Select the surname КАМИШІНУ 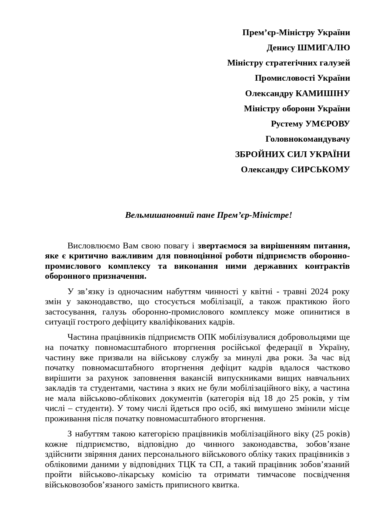[323, 93]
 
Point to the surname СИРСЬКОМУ [320, 170]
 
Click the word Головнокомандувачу [307, 139]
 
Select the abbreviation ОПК [207, 337]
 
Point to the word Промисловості [285, 78]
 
